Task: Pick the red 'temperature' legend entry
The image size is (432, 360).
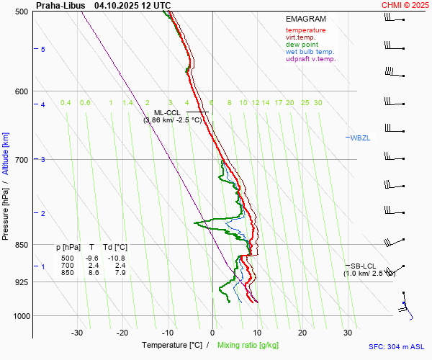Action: point(305,30)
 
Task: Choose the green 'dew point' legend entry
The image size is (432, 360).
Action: point(302,45)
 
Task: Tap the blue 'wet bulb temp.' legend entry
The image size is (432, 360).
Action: point(310,52)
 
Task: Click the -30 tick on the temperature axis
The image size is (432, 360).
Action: point(77,333)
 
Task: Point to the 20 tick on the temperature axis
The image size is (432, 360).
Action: point(302,333)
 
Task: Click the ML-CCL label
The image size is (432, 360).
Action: point(167,113)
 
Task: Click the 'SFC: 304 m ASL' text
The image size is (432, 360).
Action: point(397,346)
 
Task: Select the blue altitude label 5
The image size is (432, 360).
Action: point(43,49)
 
